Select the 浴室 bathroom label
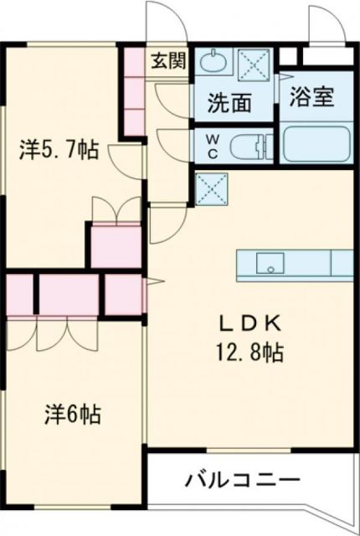coord(311,97)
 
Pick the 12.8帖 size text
coord(245,352)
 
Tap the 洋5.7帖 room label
coord(59,151)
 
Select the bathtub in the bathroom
coord(316,144)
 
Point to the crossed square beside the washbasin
coord(252,63)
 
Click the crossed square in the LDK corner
coord(209,188)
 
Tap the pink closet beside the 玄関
coord(134,92)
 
